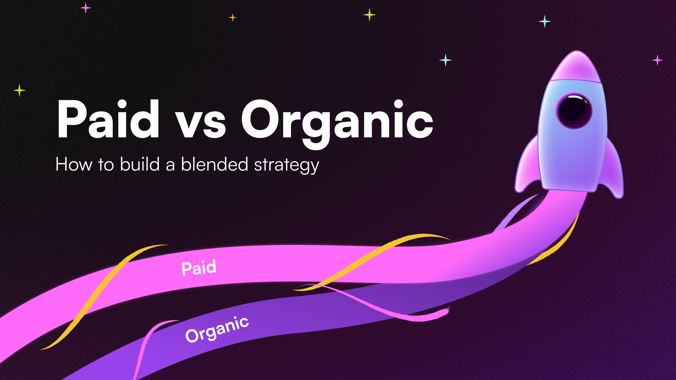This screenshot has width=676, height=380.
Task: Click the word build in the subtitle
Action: [x=140, y=164]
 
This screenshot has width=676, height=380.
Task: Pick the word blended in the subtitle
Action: [x=214, y=164]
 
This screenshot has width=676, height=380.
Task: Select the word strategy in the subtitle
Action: [x=286, y=165]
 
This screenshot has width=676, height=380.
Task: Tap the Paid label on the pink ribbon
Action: [x=199, y=268]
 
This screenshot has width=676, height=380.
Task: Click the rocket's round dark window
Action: [x=574, y=110]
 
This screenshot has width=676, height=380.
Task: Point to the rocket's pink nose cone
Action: [x=576, y=67]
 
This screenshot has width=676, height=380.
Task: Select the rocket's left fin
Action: [x=527, y=165]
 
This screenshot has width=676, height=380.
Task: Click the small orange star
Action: [x=233, y=17]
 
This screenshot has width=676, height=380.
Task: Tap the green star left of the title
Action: [x=19, y=90]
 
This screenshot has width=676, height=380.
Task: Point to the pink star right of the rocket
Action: [x=657, y=60]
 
